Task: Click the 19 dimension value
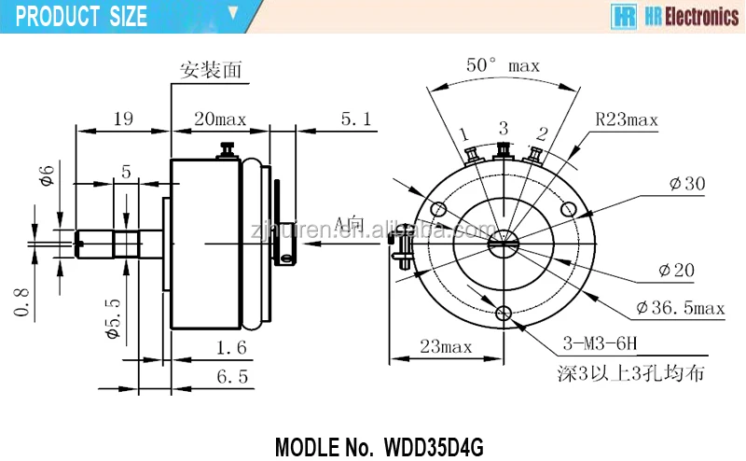coord(123,119)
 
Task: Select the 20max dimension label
coord(219,119)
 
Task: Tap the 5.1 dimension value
coord(355,119)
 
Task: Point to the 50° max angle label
coord(503,65)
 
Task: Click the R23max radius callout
coord(627,119)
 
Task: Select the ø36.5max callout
coord(681,307)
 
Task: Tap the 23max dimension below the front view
coord(445,346)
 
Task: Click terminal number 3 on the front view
coord(503,128)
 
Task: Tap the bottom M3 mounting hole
coord(505,314)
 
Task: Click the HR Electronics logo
coord(675,16)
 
